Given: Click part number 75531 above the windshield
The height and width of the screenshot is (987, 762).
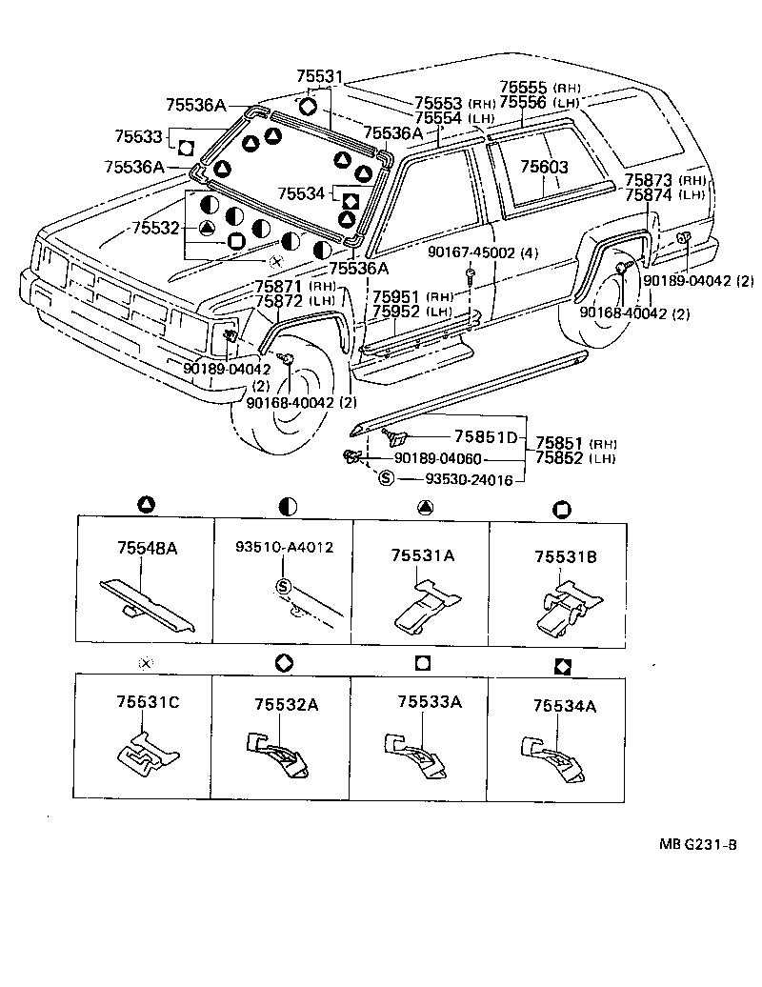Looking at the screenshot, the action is pos(320,77).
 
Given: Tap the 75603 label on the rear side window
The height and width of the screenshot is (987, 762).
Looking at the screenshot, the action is pos(544,167).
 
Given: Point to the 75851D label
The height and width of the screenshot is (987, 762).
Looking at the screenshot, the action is pos(486,436).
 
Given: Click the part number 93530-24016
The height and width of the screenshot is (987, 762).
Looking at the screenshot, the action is pos(469,479).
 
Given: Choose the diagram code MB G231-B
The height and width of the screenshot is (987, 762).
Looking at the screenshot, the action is pos(698,844).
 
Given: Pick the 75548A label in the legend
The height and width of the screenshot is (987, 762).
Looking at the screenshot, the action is pos(148,548).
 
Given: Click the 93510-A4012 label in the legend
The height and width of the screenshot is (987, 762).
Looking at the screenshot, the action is pos(285,547).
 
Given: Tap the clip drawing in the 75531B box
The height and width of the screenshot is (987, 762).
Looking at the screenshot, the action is pos(567,607).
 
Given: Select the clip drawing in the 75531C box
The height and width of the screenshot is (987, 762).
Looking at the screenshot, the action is pos(148,753).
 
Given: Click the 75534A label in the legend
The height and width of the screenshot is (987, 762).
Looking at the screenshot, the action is pos(565,706).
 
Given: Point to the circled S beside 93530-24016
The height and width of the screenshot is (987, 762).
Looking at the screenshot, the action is pos(387,478).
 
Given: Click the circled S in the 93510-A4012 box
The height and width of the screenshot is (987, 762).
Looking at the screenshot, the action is pos(283,587).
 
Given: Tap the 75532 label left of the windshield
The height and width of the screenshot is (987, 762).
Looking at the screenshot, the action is pos(156,228).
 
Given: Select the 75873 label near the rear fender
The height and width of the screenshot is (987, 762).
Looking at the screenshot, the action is pos(649,180).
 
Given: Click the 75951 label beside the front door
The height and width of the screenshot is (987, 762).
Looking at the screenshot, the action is pos(396,297).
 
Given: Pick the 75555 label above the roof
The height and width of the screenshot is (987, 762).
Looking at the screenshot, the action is pos(524,87).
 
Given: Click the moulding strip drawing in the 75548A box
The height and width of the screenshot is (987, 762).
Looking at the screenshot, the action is pos(148,605).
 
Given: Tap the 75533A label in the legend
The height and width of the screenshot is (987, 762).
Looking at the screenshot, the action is pos(430,701).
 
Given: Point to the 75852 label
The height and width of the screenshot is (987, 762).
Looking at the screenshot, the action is pos(559,457).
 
